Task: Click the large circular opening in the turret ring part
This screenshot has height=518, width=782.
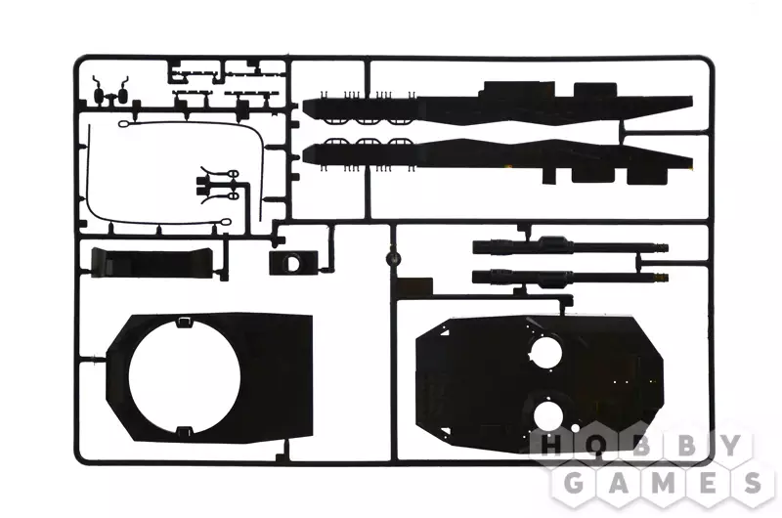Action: (185, 376)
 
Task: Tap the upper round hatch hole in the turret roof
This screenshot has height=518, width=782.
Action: (545, 352)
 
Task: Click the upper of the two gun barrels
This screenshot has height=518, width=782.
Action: (570, 246)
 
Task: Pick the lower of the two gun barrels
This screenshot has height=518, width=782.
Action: (570, 278)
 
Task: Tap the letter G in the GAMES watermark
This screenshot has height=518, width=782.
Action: (575, 482)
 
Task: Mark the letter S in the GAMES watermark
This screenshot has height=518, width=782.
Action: (750, 482)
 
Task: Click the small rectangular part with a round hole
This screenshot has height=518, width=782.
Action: (293, 262)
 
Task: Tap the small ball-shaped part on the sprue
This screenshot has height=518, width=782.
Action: (394, 258)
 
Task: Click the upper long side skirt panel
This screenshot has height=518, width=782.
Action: (498, 104)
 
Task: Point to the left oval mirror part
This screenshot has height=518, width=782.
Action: (100, 95)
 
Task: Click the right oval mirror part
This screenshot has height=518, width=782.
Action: (123, 95)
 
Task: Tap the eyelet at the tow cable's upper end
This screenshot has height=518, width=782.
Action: (124, 124)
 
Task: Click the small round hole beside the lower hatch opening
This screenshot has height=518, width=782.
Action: (575, 428)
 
